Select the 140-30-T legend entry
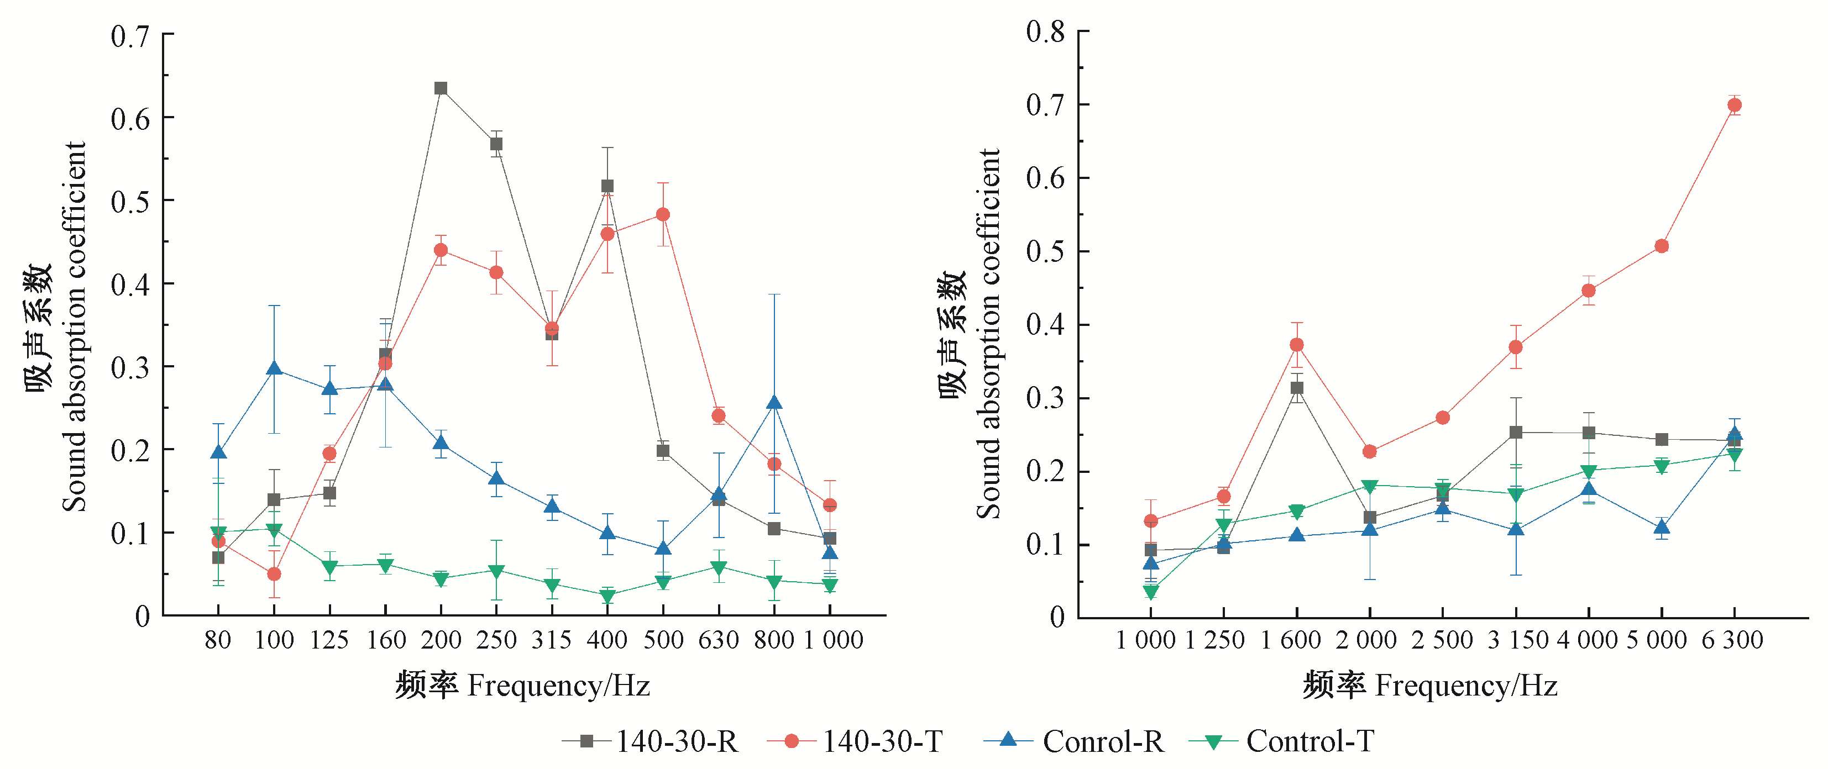click(x=855, y=741)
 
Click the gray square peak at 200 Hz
click(x=441, y=88)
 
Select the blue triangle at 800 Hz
click(x=774, y=403)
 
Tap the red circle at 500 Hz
click(x=663, y=214)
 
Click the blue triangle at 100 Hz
click(x=274, y=368)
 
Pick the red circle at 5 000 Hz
click(x=1661, y=246)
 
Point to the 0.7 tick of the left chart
click(x=130, y=35)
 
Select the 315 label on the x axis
click(x=551, y=640)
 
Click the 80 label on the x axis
click(x=218, y=640)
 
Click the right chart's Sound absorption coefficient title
click(x=987, y=334)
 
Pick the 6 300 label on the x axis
click(x=1732, y=640)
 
